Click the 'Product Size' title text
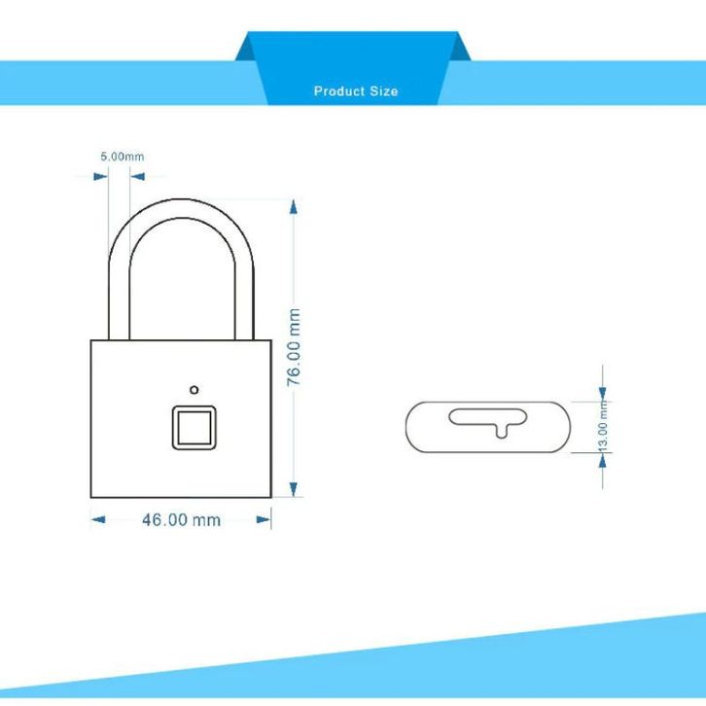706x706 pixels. coord(355,90)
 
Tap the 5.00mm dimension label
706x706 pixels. coord(123,156)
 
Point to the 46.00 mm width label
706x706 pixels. coord(182,519)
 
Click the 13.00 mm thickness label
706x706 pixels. coord(603,429)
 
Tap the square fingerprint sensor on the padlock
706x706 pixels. coord(194,427)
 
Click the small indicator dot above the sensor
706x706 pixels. coord(194,386)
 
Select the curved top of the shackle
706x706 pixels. coord(182,203)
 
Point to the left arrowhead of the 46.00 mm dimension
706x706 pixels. coord(98,519)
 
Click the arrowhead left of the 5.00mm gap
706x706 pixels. coord(100,177)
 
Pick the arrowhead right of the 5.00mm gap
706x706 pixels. coord(136,177)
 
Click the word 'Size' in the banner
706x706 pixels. coord(382,90)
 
